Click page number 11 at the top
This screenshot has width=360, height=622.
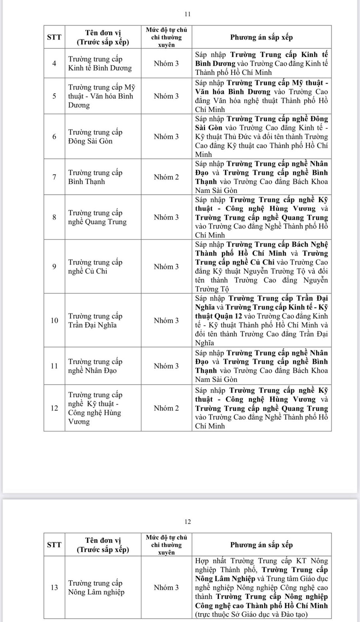point(188,14)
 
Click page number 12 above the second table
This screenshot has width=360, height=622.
point(188,522)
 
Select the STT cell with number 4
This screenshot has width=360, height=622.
point(54,63)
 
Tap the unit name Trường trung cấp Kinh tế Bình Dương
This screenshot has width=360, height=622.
point(100,64)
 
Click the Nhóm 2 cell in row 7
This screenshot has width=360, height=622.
point(166,177)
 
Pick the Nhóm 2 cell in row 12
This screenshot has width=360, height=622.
point(166,408)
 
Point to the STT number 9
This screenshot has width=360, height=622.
point(54,267)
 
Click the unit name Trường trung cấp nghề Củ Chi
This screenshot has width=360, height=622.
point(95,267)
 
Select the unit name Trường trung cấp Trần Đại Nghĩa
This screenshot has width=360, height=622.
point(95,320)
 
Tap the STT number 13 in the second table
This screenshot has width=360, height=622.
point(54,587)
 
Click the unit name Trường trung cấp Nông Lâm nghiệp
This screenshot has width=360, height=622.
point(96,587)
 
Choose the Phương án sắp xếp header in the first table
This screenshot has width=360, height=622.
point(262,37)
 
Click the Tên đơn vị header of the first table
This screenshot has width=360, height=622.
point(103,37)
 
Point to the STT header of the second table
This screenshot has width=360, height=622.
point(54,544)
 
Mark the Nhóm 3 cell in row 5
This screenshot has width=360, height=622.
point(166,96)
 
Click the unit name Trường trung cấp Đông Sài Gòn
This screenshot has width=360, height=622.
point(95,136)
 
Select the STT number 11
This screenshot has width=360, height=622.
point(54,366)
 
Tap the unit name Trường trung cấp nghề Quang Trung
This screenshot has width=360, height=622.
point(97,217)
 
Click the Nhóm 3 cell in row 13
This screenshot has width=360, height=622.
point(166,587)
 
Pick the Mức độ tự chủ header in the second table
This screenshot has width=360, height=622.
point(166,544)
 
